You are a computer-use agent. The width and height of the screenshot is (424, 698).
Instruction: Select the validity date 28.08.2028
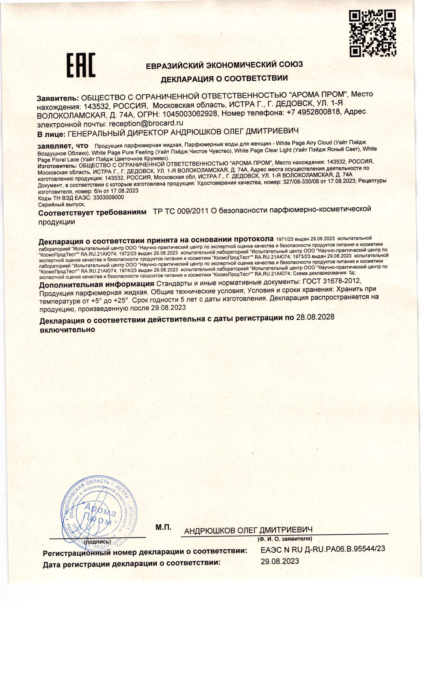pos(315,317)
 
